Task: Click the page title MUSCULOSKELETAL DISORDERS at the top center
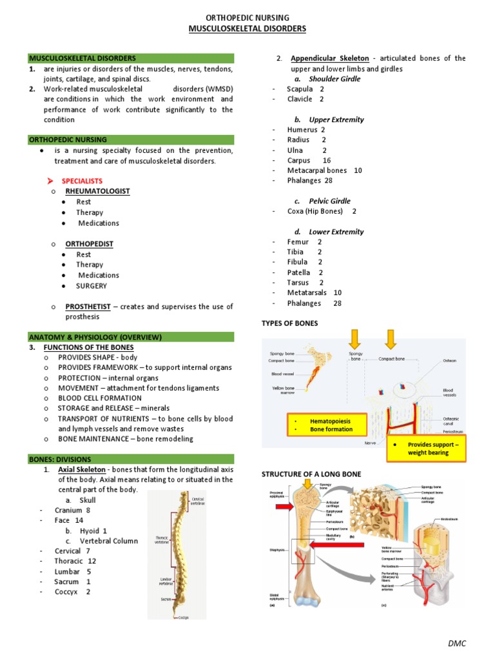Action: pyautogui.click(x=247, y=29)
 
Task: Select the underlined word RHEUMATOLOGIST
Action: pyautogui.click(x=97, y=192)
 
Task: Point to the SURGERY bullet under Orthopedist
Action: pyautogui.click(x=92, y=286)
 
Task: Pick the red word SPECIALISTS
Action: pyautogui.click(x=82, y=181)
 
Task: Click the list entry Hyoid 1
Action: pyautogui.click(x=93, y=531)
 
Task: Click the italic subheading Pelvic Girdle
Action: pyautogui.click(x=333, y=201)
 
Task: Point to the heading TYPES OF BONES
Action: pyautogui.click(x=289, y=323)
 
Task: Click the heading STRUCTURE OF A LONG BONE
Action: pyautogui.click(x=311, y=474)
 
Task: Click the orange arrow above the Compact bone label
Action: pyautogui.click(x=389, y=339)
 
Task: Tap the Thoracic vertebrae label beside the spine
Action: pyautogui.click(x=162, y=540)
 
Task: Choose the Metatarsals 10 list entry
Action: pyautogui.click(x=315, y=293)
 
